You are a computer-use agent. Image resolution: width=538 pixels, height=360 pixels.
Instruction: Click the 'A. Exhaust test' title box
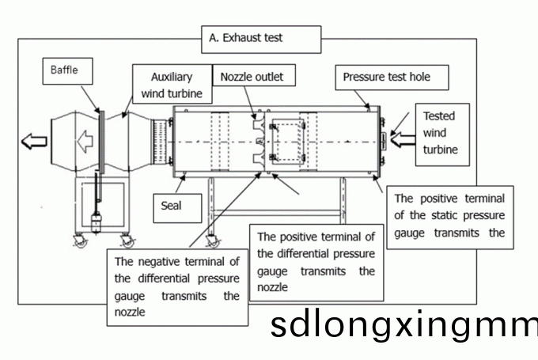pyautogui.click(x=262, y=38)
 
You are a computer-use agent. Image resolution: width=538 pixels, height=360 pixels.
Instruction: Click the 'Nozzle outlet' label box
pyautogui.click(x=252, y=77)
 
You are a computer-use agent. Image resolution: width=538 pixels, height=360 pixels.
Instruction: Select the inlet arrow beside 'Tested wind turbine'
pyautogui.click(x=402, y=141)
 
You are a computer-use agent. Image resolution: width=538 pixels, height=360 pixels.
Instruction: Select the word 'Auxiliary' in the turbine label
pyautogui.click(x=172, y=78)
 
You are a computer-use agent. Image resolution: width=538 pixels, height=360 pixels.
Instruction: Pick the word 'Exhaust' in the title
pyautogui.click(x=244, y=38)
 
